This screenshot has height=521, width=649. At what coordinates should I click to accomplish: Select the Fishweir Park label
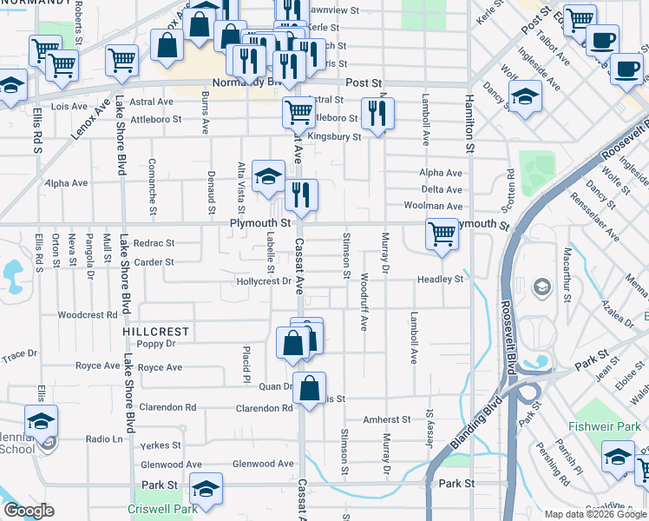pos(602,426)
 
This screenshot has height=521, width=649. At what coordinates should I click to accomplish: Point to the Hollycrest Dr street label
pos(263,281)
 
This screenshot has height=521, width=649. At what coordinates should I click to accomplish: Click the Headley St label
pos(440,280)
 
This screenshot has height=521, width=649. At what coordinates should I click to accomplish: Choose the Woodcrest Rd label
pos(87,315)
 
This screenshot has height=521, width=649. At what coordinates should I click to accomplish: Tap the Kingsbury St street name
pos(334,137)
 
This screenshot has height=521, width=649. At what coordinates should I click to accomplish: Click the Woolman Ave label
pos(433,206)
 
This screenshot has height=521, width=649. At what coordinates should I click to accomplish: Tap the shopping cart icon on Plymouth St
pos(442,234)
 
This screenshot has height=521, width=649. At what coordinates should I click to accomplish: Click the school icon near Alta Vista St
pos(269,176)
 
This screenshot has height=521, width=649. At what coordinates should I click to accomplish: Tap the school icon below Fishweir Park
pos(619,456)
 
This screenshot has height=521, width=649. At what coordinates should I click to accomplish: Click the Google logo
pos(29,511)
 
